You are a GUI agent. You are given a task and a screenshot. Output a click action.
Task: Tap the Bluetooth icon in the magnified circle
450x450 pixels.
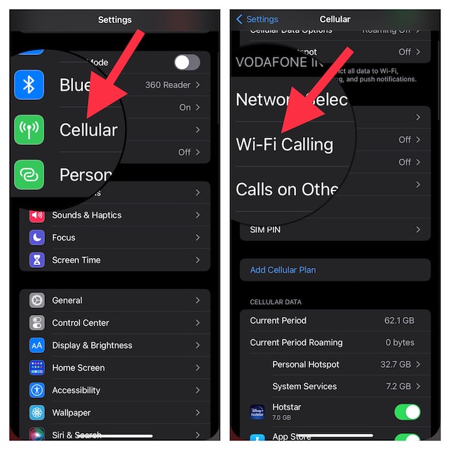click(x=29, y=85)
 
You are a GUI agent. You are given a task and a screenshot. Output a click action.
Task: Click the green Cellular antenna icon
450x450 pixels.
click(x=29, y=130)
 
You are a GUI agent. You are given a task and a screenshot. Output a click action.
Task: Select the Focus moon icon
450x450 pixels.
click(x=37, y=238)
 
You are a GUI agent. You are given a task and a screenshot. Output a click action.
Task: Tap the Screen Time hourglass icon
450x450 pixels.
click(x=37, y=260)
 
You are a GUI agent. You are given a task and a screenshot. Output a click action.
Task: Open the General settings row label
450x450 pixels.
click(x=67, y=300)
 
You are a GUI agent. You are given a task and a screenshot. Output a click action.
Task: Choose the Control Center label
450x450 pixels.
click(x=80, y=323)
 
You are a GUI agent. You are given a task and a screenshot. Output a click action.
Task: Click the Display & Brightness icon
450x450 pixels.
click(x=37, y=345)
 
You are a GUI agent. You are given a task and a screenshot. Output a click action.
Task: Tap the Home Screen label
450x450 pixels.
click(x=78, y=368)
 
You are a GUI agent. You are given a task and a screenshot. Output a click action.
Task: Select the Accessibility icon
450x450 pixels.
click(x=37, y=390)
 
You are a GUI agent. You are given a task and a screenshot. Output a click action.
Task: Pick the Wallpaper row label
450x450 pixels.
click(x=71, y=413)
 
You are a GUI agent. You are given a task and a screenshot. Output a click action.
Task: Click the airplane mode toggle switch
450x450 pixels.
click(x=187, y=63)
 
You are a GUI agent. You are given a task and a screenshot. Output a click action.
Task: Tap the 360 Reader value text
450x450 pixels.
click(x=167, y=85)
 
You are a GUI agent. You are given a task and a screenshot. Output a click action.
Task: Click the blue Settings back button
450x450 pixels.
click(x=257, y=19)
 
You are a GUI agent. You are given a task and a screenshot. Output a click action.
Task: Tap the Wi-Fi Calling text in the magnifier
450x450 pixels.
click(x=284, y=145)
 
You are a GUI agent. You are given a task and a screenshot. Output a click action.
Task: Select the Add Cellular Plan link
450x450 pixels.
click(x=283, y=270)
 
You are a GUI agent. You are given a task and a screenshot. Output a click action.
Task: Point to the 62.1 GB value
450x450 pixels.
click(x=399, y=321)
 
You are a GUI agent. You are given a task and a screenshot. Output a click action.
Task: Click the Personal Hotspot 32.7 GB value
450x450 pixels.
click(x=395, y=365)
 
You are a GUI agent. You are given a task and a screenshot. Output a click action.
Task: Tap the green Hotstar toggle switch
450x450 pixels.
click(x=407, y=412)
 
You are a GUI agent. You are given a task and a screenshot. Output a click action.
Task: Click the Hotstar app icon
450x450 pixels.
click(x=258, y=412)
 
